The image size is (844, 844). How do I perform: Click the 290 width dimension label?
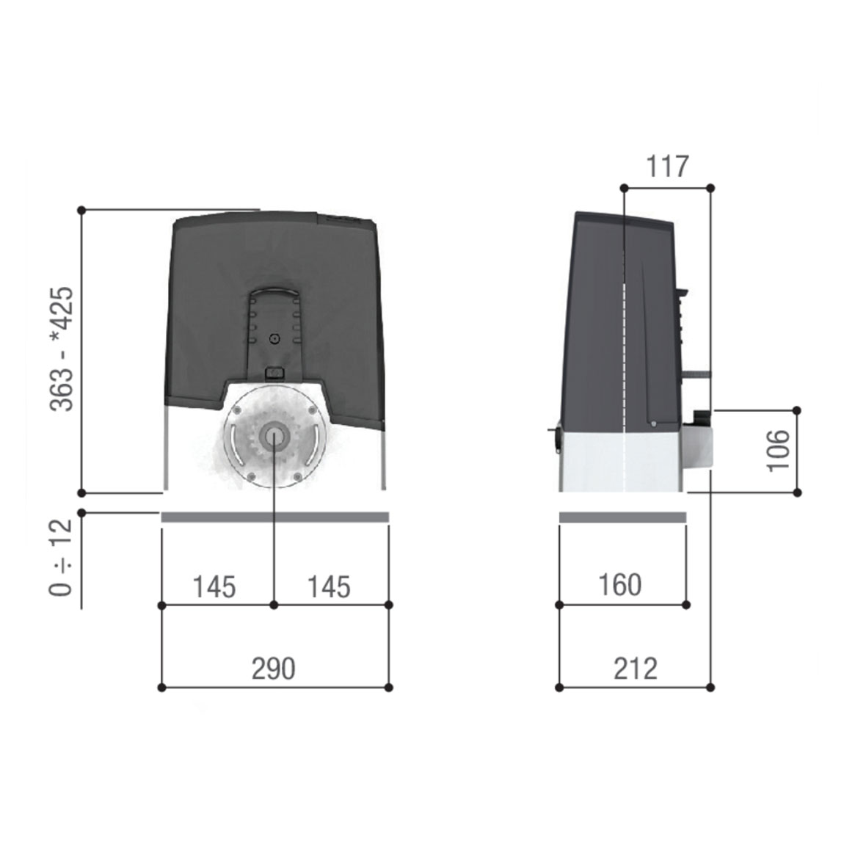(274, 669)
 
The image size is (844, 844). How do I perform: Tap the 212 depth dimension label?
(635, 669)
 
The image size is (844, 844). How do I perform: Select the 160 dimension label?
(620, 585)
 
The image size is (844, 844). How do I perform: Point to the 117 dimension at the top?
(667, 167)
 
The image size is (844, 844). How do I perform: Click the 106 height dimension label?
(779, 451)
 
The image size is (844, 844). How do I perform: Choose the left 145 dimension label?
(214, 586)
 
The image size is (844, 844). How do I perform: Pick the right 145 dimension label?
(328, 586)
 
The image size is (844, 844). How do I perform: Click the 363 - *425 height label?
(61, 349)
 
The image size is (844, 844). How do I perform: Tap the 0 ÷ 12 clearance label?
(60, 558)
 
